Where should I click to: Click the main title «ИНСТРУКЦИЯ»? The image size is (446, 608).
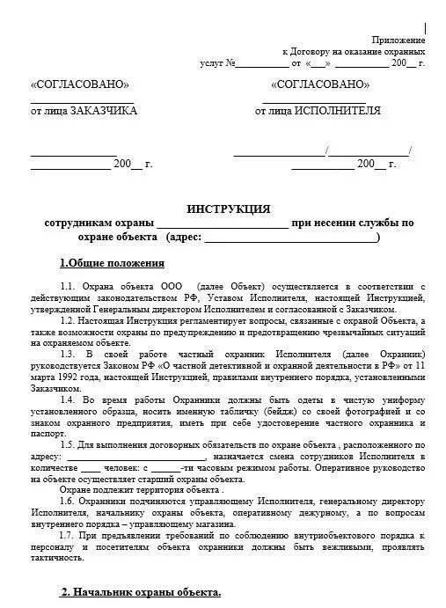point(229,209)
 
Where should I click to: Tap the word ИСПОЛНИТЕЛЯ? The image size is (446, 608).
point(337,112)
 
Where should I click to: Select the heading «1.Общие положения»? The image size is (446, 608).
point(112,262)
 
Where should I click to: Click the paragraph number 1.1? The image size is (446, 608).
point(69,287)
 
